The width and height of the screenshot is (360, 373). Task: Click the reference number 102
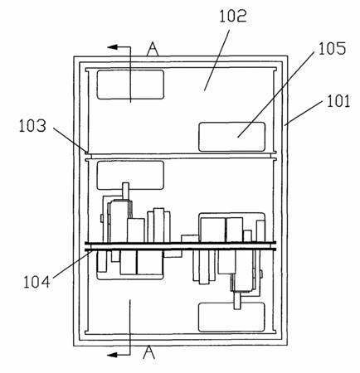(x=233, y=16)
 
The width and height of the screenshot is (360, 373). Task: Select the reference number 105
(x=332, y=49)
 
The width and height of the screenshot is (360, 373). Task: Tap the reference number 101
(x=338, y=101)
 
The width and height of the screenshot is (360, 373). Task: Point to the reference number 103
(x=32, y=126)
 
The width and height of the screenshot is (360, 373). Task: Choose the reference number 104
(x=36, y=282)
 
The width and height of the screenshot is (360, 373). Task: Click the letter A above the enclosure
(x=153, y=49)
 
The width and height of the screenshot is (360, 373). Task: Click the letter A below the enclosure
(x=148, y=352)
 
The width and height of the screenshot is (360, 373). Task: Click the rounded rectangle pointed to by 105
(x=231, y=137)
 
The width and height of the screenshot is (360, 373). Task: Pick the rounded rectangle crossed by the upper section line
(x=130, y=85)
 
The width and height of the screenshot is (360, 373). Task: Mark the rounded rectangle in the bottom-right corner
(x=231, y=317)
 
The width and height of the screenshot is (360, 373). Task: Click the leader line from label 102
(x=217, y=60)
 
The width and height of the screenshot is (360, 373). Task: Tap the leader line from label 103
(x=70, y=139)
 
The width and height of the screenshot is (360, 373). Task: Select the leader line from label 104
(x=73, y=264)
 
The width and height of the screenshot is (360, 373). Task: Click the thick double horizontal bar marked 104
(x=180, y=246)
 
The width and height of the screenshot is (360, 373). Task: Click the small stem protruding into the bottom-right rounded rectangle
(x=237, y=301)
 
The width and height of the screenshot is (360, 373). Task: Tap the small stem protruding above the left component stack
(x=126, y=191)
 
